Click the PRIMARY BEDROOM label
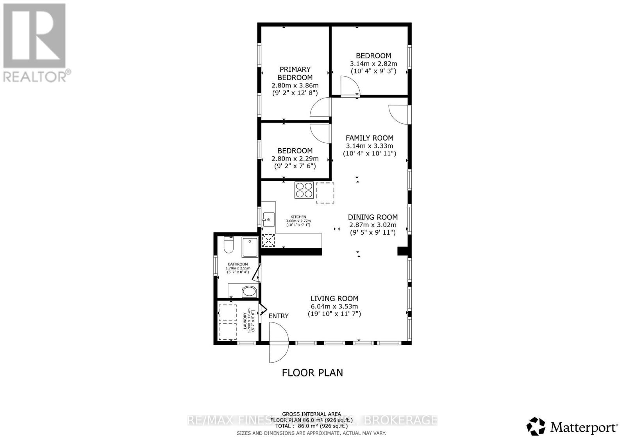[x=295, y=73]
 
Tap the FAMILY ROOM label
[x=369, y=138]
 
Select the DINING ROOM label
[x=373, y=217]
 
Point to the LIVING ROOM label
[x=334, y=299]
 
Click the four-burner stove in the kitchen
[x=304, y=190]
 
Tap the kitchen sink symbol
[x=268, y=219]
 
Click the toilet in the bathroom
[x=228, y=246]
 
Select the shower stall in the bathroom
[x=250, y=247]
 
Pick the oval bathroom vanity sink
[x=249, y=291]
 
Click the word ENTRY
[x=279, y=316]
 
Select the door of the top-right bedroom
[x=349, y=86]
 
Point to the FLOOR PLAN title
[x=312, y=372]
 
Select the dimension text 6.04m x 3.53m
[x=334, y=307]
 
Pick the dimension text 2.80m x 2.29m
[x=295, y=159]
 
